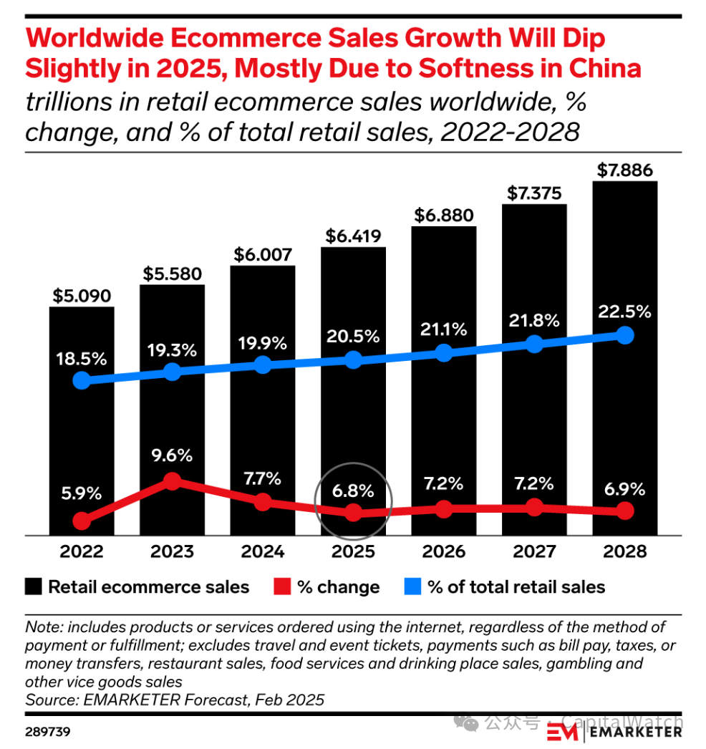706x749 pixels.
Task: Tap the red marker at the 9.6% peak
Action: (172, 481)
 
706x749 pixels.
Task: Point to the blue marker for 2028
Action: (625, 334)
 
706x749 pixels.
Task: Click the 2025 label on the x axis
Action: (354, 551)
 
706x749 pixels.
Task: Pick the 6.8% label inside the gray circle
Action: (354, 491)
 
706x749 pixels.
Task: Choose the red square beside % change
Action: (283, 587)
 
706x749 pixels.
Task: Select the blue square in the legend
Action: (413, 587)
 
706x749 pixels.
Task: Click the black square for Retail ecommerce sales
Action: (34, 587)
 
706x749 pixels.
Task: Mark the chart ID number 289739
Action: (47, 733)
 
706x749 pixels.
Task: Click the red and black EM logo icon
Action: (563, 731)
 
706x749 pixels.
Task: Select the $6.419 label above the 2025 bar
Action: (354, 236)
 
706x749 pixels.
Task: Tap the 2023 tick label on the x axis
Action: (172, 551)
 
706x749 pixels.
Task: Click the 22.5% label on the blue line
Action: (625, 311)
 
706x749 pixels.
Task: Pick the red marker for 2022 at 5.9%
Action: (82, 521)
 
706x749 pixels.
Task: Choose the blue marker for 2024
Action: (263, 364)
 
